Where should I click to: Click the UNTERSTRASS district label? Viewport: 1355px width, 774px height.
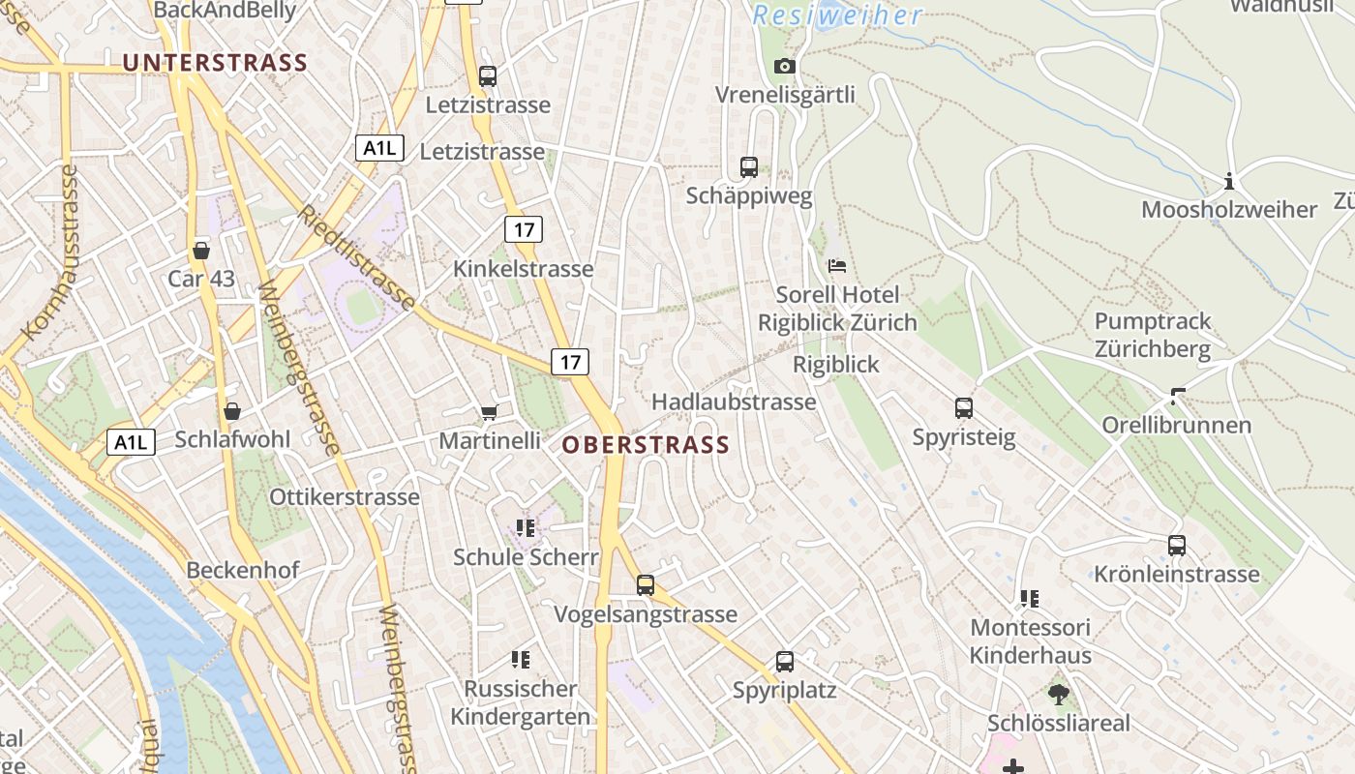pyautogui.click(x=215, y=63)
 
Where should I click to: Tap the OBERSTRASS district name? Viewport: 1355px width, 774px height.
pyautogui.click(x=646, y=445)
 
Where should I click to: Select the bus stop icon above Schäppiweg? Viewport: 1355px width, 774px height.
pyautogui.click(x=749, y=166)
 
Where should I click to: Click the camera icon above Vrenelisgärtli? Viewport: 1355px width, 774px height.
pyautogui.click(x=785, y=66)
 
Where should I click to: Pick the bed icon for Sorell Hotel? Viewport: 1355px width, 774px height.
pyautogui.click(x=837, y=265)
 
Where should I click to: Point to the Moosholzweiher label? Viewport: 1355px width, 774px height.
pyautogui.click(x=1229, y=209)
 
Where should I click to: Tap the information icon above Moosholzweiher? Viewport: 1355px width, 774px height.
pyautogui.click(x=1229, y=181)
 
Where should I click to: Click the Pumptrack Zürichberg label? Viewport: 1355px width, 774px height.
pyautogui.click(x=1153, y=335)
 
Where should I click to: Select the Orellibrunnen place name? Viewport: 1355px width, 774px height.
pyautogui.click(x=1177, y=425)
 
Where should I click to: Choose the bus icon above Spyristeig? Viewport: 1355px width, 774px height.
pyautogui.click(x=964, y=408)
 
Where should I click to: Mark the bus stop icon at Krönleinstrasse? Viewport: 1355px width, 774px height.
pyautogui.click(x=1177, y=546)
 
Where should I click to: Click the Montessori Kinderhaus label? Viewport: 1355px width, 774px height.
pyautogui.click(x=1031, y=640)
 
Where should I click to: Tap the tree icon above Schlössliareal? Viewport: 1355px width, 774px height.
pyautogui.click(x=1058, y=694)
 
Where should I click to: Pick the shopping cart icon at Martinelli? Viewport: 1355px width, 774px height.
pyautogui.click(x=490, y=413)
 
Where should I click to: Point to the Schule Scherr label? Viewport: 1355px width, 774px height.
pyautogui.click(x=527, y=557)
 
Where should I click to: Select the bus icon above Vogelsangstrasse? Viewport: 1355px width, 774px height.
pyautogui.click(x=646, y=585)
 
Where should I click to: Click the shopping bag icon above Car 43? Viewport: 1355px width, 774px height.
pyautogui.click(x=201, y=251)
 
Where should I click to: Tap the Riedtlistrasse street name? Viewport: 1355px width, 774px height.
pyautogui.click(x=356, y=257)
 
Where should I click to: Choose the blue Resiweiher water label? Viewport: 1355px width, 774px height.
pyautogui.click(x=838, y=15)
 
